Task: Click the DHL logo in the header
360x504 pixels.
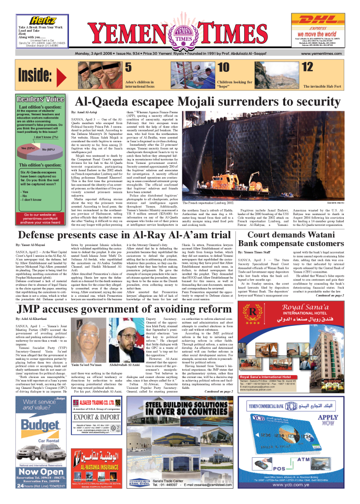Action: click(x=319, y=21)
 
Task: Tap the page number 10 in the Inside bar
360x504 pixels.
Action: click(x=224, y=67)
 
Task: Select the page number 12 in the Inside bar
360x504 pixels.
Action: click(x=294, y=67)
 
